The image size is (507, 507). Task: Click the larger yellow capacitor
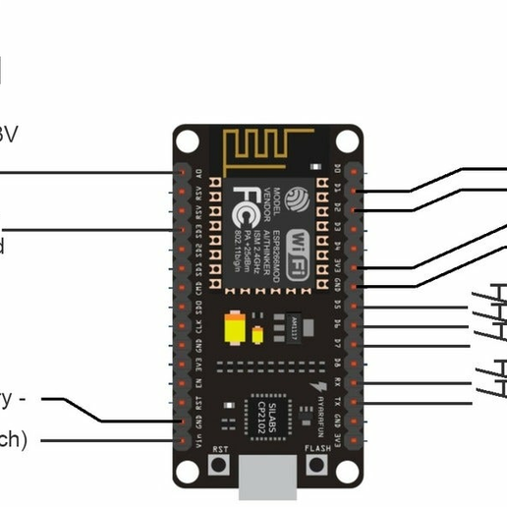pos(236,328)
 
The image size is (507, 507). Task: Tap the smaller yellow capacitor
pos(258,333)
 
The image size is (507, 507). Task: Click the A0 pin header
pos(182,169)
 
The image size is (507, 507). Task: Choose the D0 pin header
pos(355,169)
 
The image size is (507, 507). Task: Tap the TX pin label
pos(339,402)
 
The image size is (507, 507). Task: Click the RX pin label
pos(339,383)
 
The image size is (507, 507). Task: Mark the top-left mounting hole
pos(188,140)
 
